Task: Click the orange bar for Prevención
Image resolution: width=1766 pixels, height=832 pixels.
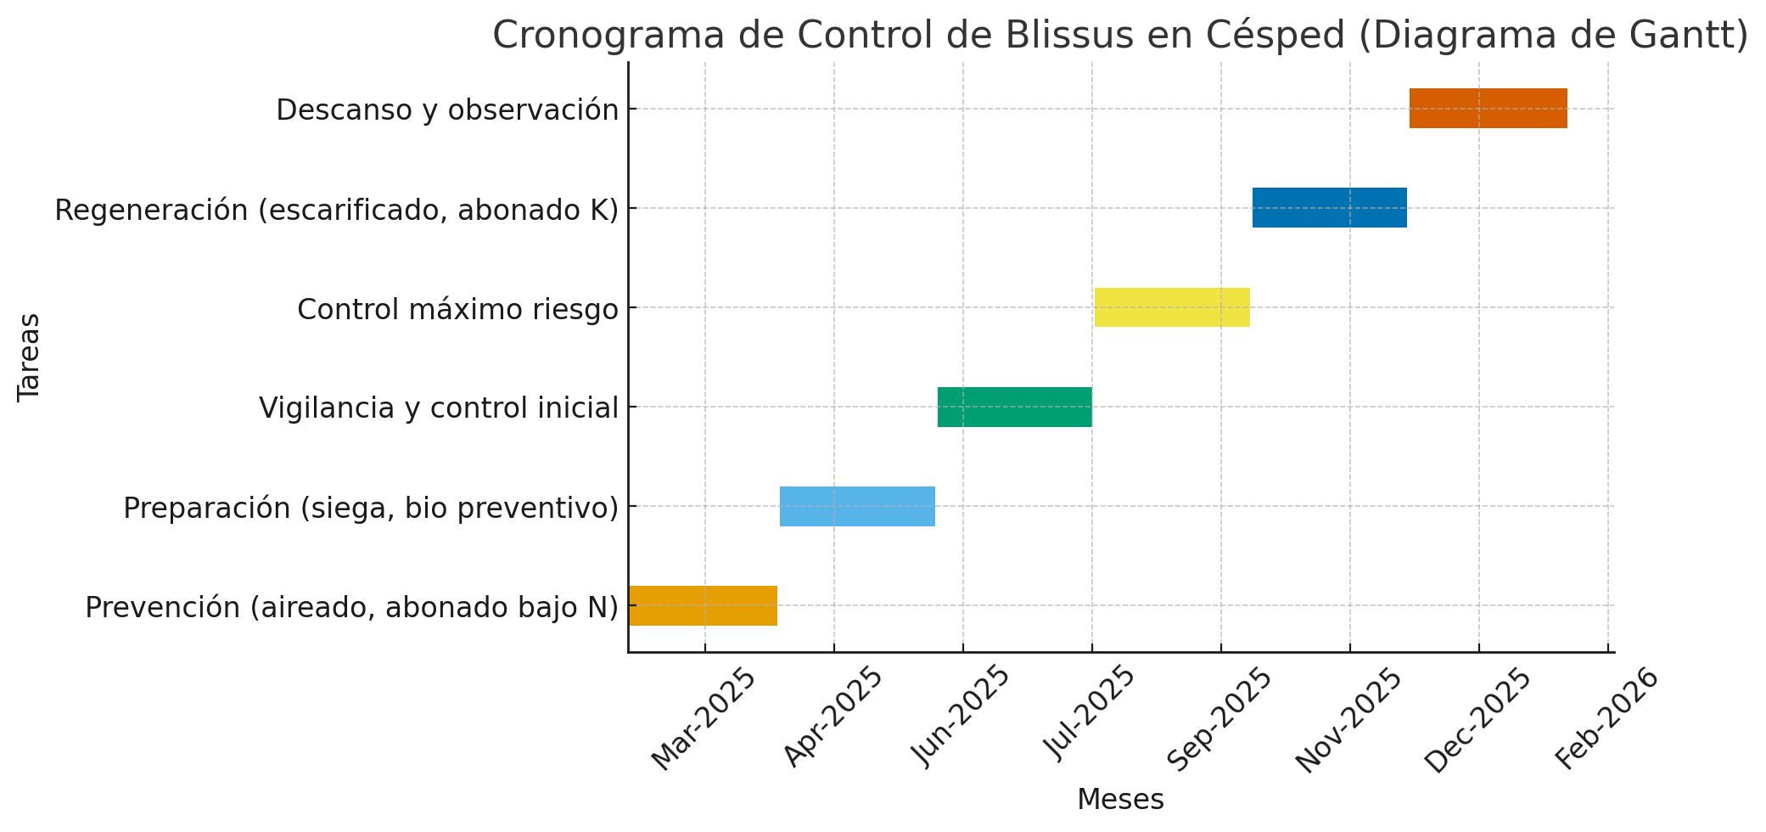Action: tap(703, 605)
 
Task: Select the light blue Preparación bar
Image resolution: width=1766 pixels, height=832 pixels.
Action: tap(857, 506)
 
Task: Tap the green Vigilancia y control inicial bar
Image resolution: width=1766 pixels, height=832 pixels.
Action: tap(1014, 407)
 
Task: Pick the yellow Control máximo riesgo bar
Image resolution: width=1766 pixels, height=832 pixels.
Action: tap(1172, 307)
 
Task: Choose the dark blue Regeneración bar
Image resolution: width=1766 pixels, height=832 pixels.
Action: tap(1329, 208)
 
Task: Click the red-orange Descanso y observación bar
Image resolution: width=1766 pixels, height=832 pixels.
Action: tap(1488, 109)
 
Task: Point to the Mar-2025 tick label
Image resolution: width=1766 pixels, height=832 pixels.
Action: tap(704, 719)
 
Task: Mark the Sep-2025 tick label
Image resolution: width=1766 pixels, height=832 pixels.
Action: tap(1219, 719)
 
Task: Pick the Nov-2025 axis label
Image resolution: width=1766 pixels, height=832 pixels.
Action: tap(1348, 719)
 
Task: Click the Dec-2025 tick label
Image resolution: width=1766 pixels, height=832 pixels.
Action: tap(1477, 719)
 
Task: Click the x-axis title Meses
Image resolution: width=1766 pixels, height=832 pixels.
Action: tap(1120, 800)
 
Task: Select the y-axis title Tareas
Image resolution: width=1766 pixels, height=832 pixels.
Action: tap(29, 357)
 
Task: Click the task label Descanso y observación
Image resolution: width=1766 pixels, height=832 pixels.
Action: tap(447, 110)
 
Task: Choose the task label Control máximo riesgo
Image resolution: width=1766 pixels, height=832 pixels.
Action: tap(457, 310)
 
